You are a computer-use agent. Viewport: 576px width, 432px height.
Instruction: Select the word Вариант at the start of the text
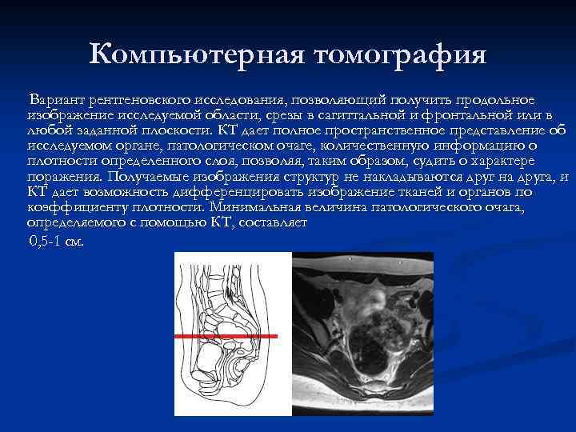pyautogui.click(x=56, y=101)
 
